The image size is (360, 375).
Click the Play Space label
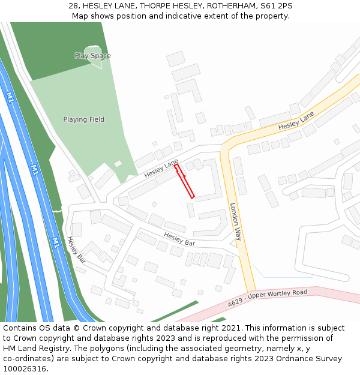pos(92,56)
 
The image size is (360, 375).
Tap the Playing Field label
pos(83,119)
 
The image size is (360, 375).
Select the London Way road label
pos(236,221)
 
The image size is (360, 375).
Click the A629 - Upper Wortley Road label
pos(267,299)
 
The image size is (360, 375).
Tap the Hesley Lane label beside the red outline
pos(161,169)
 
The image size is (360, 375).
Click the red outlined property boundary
pos(184,181)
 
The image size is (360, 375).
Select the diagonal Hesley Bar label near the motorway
pos(76,250)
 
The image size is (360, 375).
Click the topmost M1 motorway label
pos(10,97)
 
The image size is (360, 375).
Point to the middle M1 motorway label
pos(35,170)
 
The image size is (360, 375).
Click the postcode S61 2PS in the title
pos(278,6)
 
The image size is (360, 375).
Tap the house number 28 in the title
pos(74,6)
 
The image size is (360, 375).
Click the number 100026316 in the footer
pos(25,368)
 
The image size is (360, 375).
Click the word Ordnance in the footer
pos(296,358)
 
